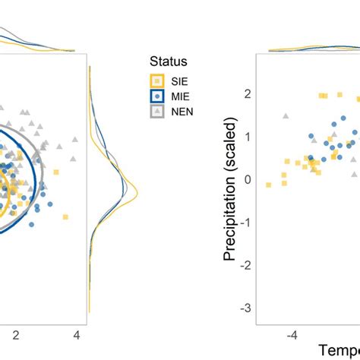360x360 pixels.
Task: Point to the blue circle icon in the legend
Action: (x=157, y=96)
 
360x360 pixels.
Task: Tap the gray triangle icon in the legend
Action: (x=157, y=112)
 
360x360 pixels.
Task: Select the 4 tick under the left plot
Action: (x=76, y=334)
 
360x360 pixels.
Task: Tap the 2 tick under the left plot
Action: (x=14, y=334)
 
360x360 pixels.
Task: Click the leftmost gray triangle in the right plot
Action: (x=286, y=116)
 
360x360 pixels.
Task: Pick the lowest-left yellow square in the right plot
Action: (x=268, y=185)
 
